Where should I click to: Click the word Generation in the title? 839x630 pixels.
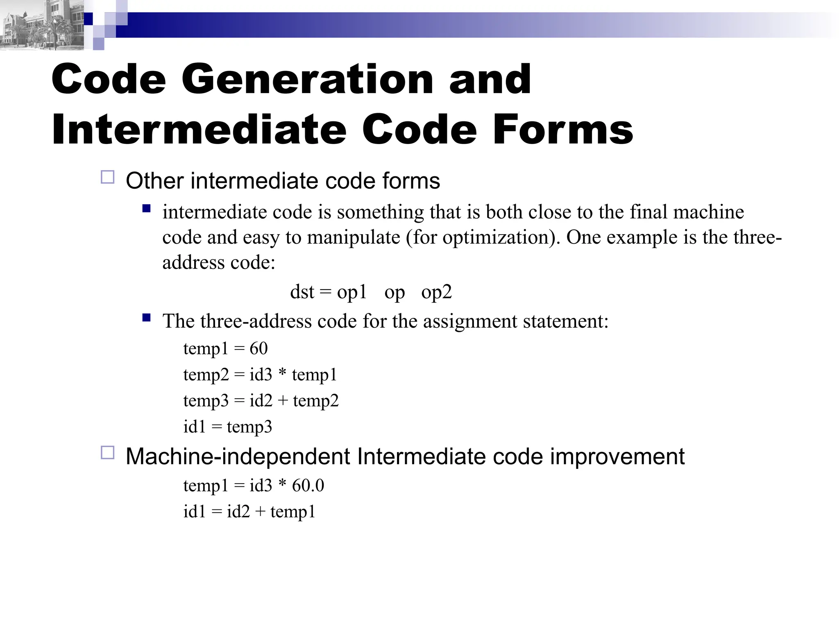click(x=307, y=79)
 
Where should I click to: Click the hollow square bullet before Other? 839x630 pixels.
click(x=107, y=178)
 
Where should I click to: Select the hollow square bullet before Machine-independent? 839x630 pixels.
click(x=107, y=453)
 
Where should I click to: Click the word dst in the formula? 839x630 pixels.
click(x=302, y=292)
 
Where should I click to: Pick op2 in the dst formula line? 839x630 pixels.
click(x=436, y=292)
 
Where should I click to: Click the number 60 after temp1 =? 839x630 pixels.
click(x=259, y=349)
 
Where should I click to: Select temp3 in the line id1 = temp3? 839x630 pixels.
click(x=249, y=427)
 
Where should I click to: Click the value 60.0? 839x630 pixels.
click(x=308, y=486)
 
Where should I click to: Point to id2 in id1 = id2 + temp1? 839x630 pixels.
click(x=238, y=512)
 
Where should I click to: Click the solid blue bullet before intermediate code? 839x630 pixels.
click(x=146, y=209)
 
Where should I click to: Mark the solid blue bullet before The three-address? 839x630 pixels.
click(x=146, y=317)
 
